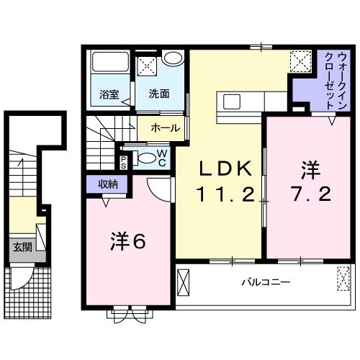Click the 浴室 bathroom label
point(108,93)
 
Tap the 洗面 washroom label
point(158,93)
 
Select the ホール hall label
point(166,129)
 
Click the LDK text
point(226,170)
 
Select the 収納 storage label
point(109,185)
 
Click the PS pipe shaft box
point(124,161)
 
